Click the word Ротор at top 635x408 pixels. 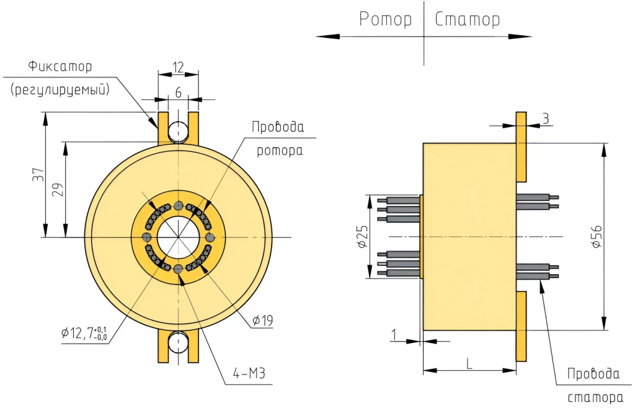[385, 19]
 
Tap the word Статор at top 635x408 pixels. [468, 19]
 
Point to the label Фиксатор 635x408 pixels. [60, 66]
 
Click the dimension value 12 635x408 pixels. [178, 67]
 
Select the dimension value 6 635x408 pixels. [178, 92]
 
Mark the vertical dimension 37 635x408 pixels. [38, 174]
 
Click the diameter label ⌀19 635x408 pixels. [263, 321]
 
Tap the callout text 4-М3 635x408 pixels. [249, 373]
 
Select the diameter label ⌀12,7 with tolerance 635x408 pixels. [84, 333]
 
